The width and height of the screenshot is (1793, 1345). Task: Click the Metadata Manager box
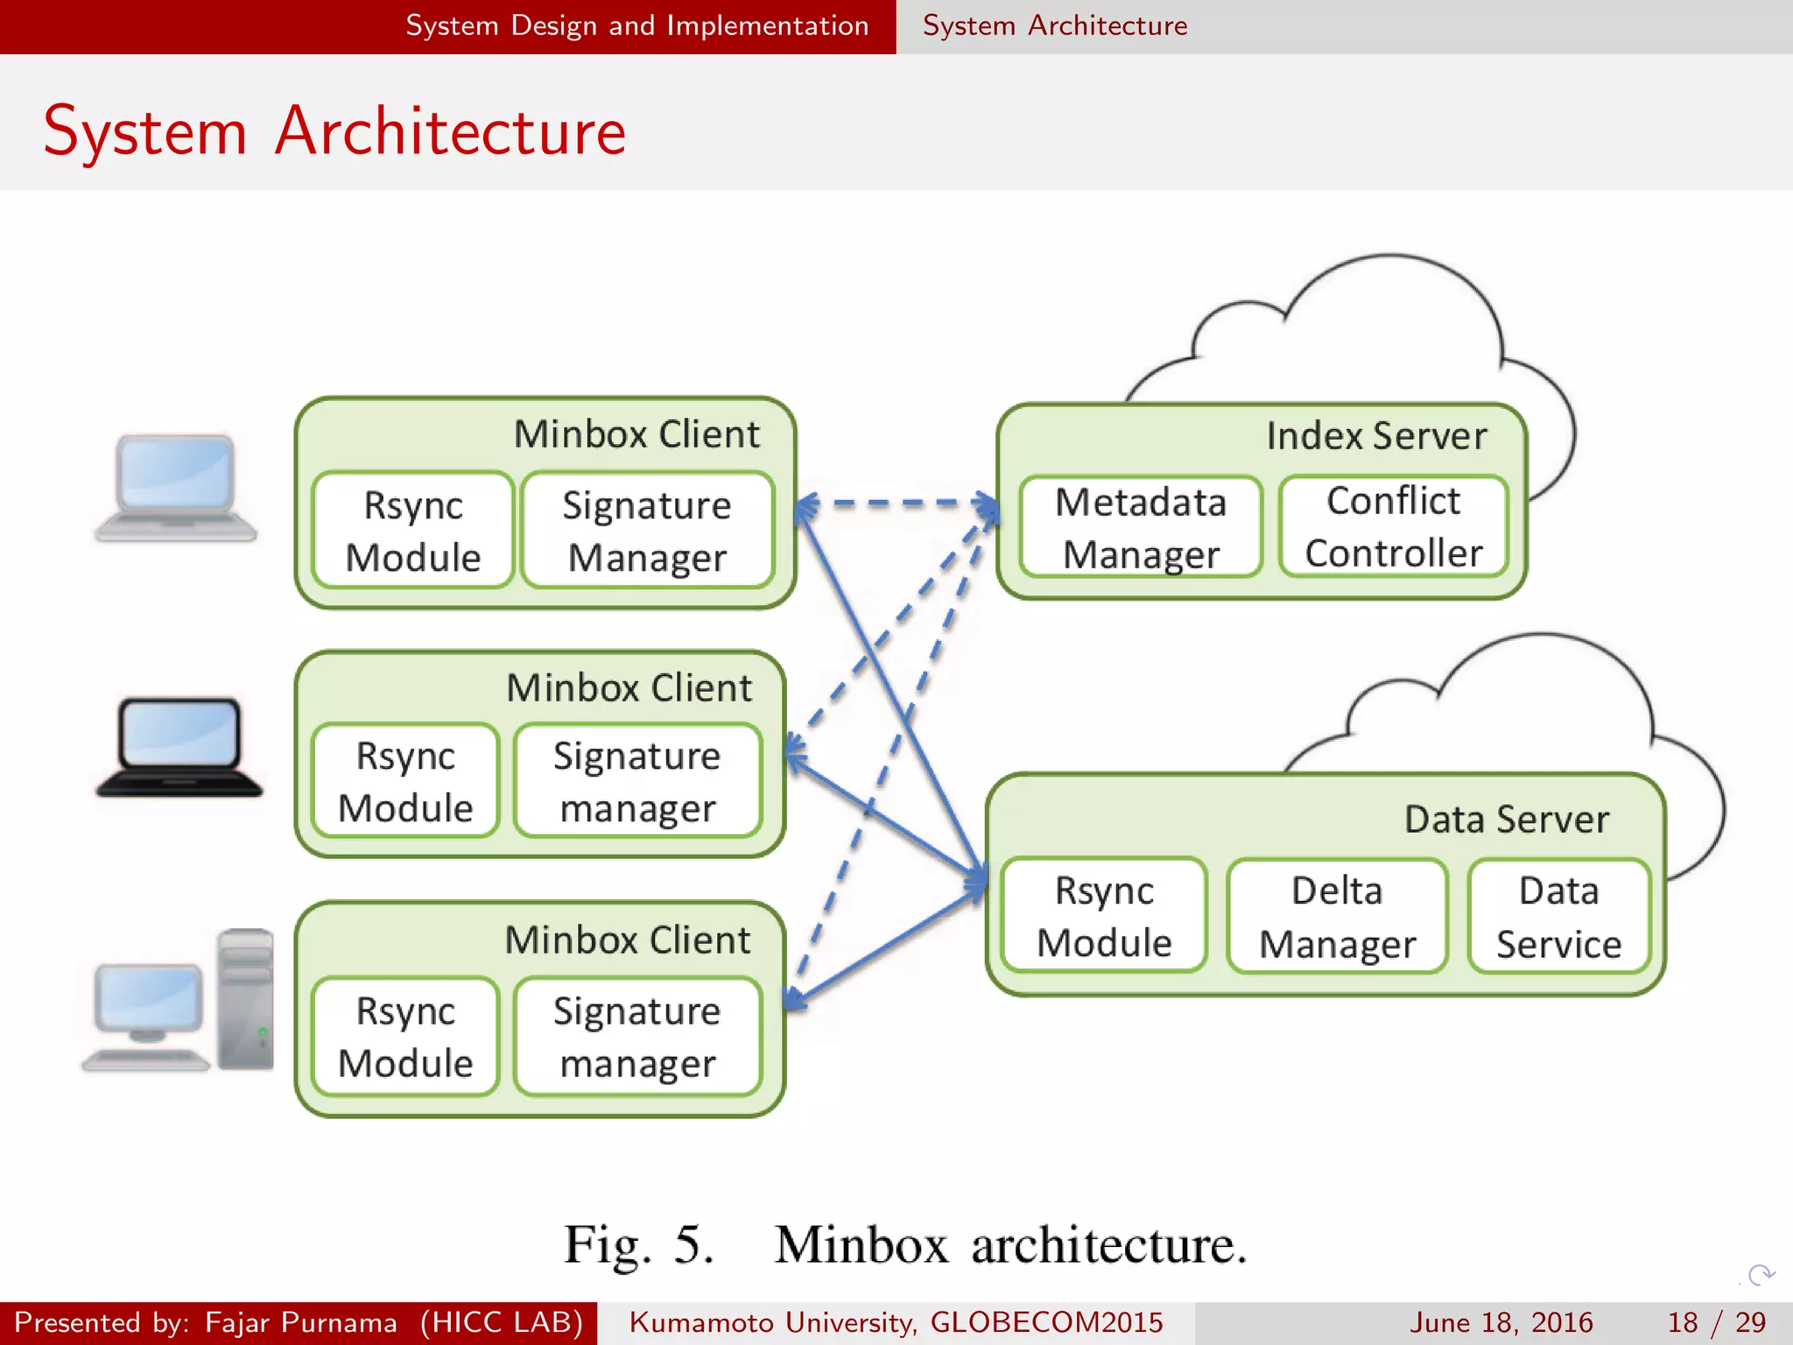point(1141,527)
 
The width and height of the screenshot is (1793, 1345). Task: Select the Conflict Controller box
point(1393,527)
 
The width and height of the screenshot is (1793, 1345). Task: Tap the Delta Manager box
point(1337,916)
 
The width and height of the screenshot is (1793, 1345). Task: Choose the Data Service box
point(1559,916)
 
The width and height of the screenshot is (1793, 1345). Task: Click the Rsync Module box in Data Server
point(1104,916)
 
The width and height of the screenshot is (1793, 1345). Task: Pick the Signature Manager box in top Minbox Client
point(647,531)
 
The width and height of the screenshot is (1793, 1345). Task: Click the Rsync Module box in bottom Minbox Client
point(405,1036)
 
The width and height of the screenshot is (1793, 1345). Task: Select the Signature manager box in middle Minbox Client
point(637,781)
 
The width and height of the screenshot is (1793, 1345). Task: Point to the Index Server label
point(1376,436)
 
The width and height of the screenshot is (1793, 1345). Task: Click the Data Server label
point(1506,820)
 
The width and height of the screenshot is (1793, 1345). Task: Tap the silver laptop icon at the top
point(176,489)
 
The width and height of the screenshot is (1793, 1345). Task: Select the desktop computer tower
point(246,999)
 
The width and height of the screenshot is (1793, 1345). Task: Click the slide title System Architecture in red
point(334,131)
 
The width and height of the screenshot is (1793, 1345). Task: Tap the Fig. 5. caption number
point(639,1244)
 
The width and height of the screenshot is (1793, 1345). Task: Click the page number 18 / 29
point(1717,1322)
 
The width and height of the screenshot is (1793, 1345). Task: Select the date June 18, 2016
point(1501,1322)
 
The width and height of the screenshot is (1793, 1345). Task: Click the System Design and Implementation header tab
point(636,25)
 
